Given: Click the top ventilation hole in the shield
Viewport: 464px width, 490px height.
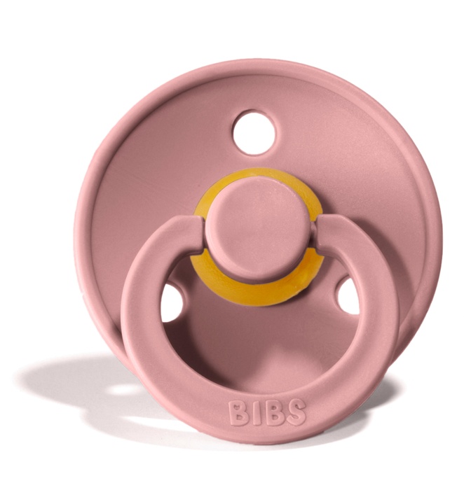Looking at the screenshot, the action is coord(254,132).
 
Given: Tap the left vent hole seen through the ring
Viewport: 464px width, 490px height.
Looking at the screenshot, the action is coord(172,302).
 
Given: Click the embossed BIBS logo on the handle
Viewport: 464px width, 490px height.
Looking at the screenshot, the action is coord(267,412).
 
